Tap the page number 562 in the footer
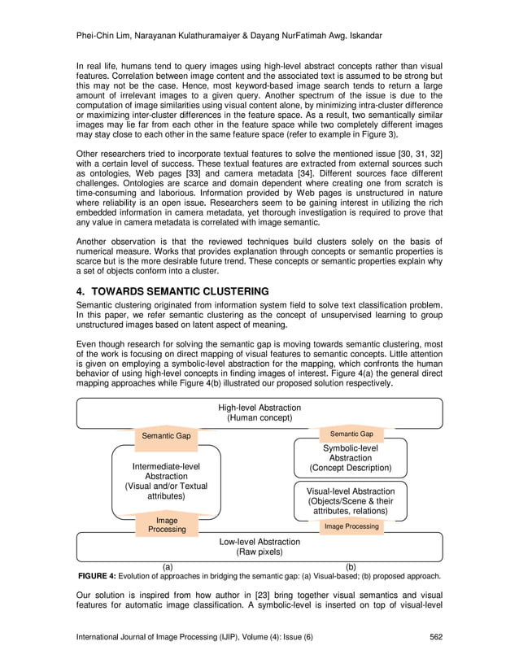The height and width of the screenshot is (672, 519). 436,636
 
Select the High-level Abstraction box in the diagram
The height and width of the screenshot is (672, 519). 259,412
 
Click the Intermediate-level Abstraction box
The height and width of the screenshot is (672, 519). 165,481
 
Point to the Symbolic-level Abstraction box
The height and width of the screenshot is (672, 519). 350,458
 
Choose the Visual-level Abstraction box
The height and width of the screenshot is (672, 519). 350,501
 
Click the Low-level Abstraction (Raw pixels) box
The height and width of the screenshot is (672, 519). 259,546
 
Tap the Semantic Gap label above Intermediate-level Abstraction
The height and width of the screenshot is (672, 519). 166,436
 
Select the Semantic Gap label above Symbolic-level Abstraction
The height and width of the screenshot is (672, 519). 350,434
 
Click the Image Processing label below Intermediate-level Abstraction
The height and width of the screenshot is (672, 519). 166,525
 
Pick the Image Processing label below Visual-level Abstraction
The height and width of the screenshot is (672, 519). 351,526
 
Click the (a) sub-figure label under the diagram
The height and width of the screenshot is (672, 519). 168,566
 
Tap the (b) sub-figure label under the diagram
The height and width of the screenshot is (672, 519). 351,566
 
